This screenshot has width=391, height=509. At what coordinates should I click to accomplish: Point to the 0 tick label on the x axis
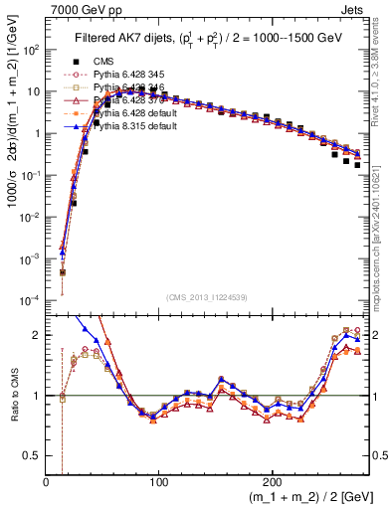pos(46,483)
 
